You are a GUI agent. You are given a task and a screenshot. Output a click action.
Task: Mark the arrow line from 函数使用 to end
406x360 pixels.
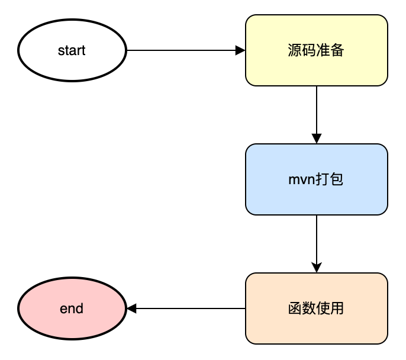(x=189, y=308)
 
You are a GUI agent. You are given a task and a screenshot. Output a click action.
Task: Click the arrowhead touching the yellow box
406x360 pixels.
(x=240, y=50)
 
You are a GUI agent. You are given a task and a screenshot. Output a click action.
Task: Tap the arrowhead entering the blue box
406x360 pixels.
(x=317, y=139)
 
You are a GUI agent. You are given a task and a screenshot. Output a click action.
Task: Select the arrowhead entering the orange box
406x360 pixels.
(x=317, y=268)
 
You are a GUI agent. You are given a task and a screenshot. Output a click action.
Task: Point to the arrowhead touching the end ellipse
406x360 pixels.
(x=132, y=308)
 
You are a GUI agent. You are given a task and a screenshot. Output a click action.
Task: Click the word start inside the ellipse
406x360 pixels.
(x=72, y=51)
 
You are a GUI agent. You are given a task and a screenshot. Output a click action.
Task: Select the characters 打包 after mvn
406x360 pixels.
(x=329, y=179)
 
